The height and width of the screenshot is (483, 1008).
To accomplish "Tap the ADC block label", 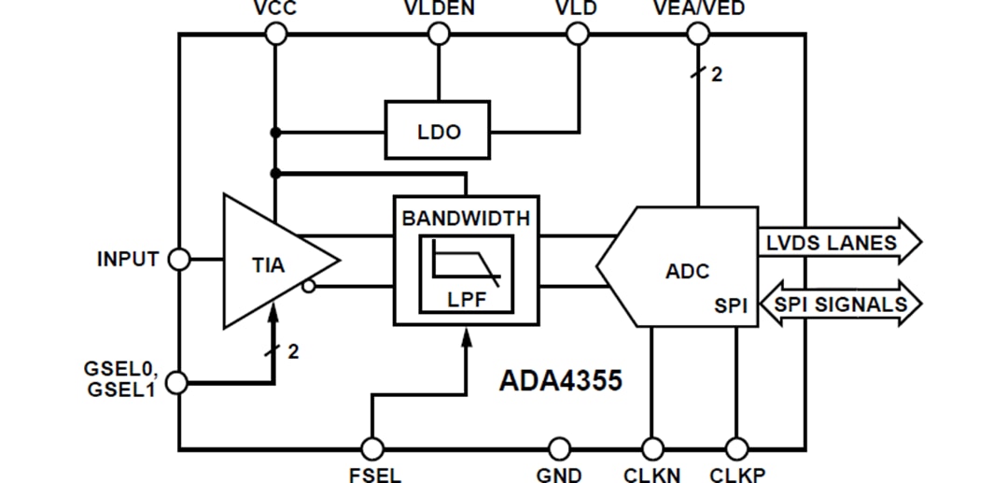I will pyautogui.click(x=687, y=271).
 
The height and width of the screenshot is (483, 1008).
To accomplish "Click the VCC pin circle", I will pyautogui.click(x=275, y=35).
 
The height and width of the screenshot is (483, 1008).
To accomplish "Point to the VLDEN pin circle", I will pyautogui.click(x=439, y=35).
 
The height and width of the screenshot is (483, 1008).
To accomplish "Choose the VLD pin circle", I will pyautogui.click(x=578, y=35).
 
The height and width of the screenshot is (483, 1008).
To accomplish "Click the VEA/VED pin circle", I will pyautogui.click(x=697, y=35).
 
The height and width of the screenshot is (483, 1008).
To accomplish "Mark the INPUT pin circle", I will pyautogui.click(x=178, y=260).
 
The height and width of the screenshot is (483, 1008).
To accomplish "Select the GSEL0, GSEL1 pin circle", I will pyautogui.click(x=178, y=382).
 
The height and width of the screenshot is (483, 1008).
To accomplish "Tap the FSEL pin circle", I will pyautogui.click(x=372, y=449).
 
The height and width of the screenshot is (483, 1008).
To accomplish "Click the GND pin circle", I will pyautogui.click(x=559, y=449).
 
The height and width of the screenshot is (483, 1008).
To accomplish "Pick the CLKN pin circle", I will pyautogui.click(x=651, y=449).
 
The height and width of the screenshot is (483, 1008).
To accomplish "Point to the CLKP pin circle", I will pyautogui.click(x=736, y=449).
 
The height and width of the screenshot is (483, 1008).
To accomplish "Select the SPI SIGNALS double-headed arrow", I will pyautogui.click(x=840, y=305).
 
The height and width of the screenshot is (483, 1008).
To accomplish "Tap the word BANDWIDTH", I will pyautogui.click(x=466, y=219).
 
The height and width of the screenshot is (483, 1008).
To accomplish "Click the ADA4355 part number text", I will pyautogui.click(x=560, y=380).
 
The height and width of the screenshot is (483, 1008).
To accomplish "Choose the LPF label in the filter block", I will pyautogui.click(x=466, y=301).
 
